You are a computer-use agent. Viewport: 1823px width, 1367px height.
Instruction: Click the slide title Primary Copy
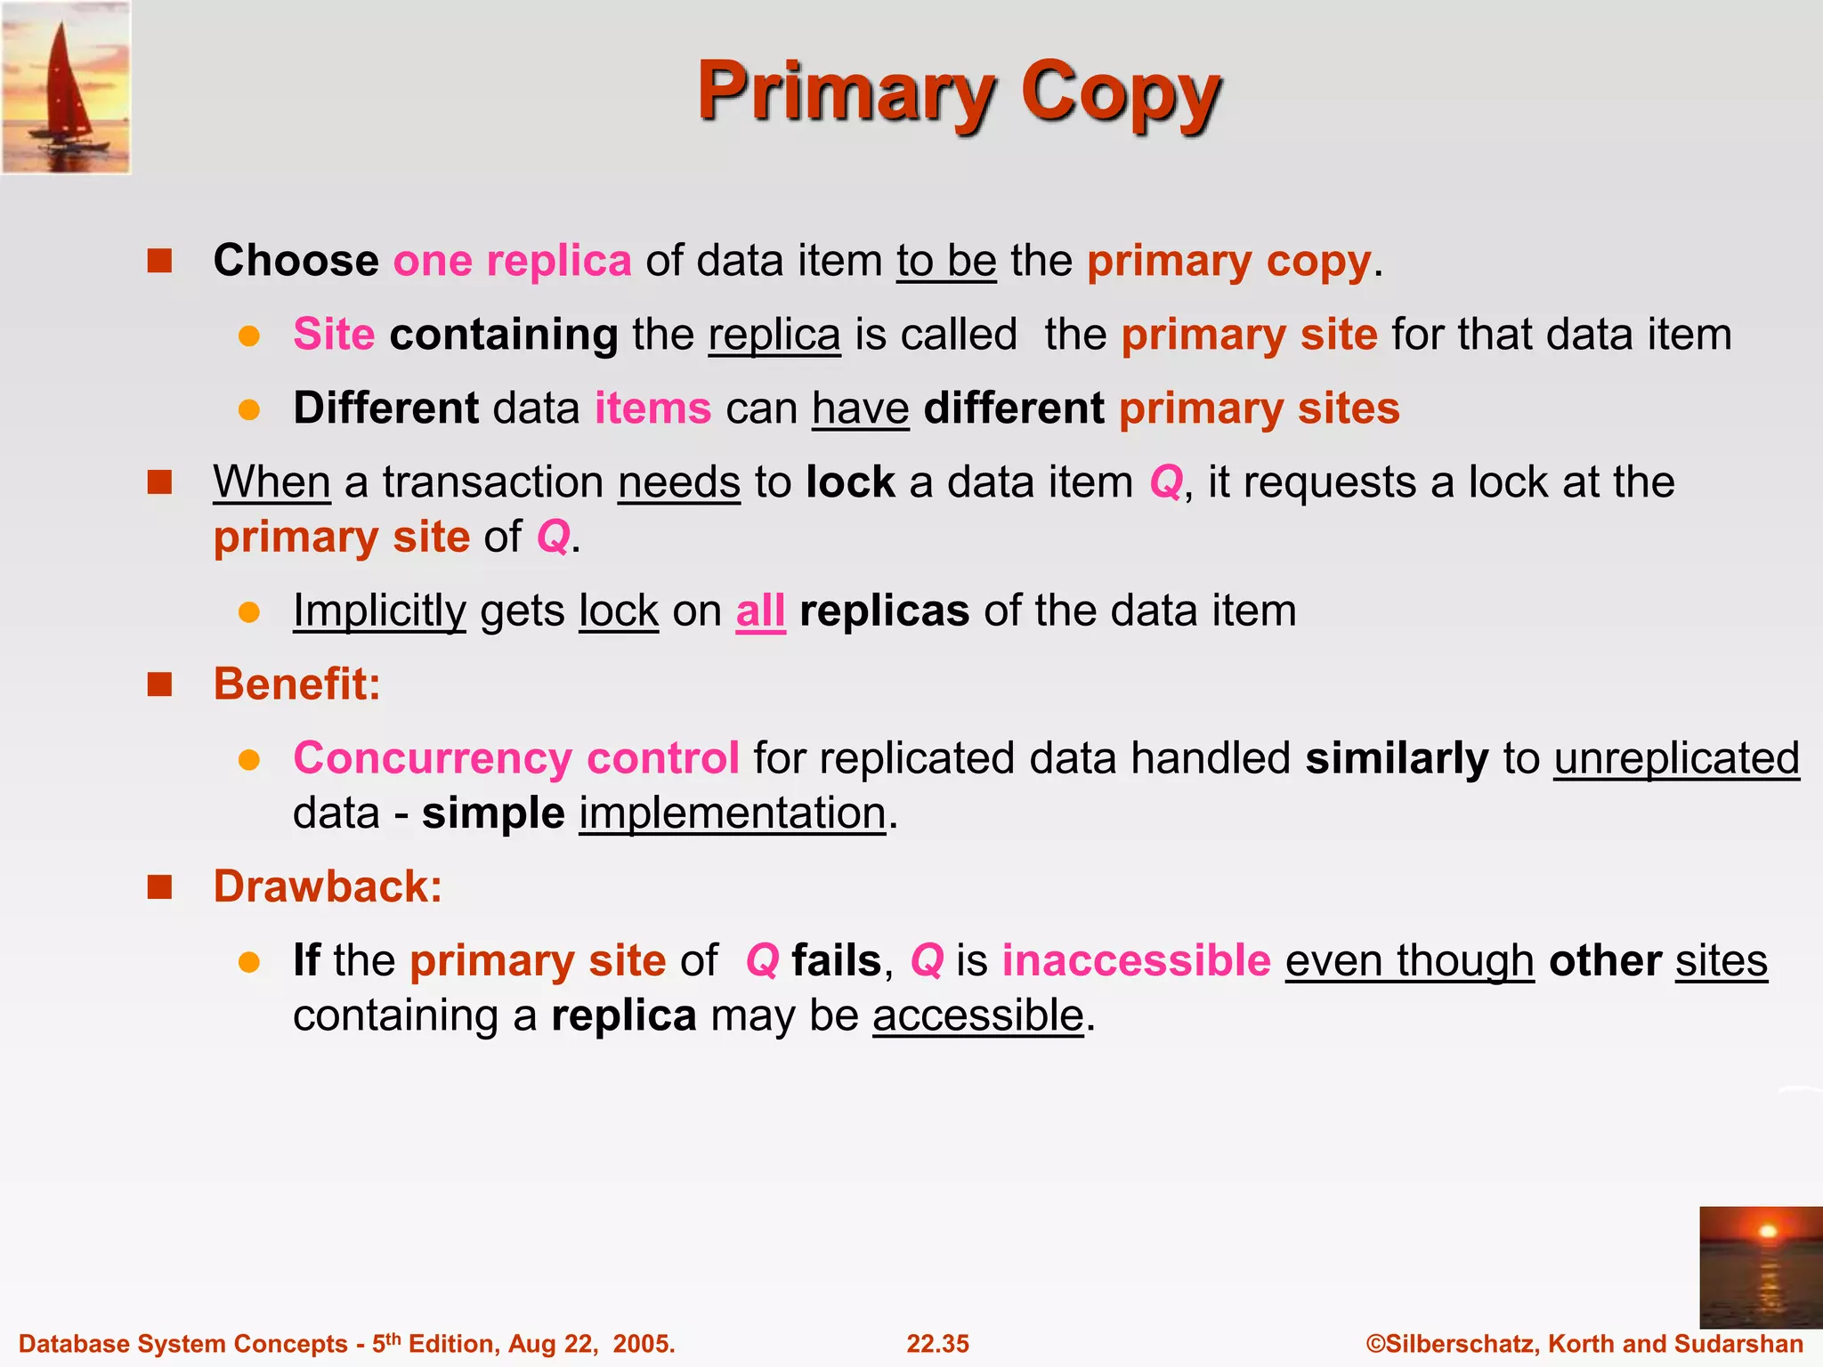959,93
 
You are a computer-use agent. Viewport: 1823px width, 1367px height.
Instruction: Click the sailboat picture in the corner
66,87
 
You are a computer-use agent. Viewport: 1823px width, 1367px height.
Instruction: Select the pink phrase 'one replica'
512,261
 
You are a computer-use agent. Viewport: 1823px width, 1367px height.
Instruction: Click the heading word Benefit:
296,684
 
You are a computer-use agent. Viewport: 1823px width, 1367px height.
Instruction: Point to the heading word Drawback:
328,886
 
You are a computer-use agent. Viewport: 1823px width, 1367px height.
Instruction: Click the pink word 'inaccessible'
1136,960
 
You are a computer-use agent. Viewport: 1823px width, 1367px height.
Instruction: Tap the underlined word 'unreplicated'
1676,758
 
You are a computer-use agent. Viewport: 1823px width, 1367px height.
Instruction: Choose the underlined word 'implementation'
733,813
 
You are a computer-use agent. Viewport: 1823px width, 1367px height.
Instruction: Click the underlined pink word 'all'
760,611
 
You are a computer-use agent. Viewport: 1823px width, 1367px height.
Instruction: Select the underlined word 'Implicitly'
379,611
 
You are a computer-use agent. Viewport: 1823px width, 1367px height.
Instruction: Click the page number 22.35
937,1344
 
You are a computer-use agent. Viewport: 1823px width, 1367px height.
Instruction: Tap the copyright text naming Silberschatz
1584,1344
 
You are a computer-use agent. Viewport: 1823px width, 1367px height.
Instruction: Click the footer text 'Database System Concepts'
182,1344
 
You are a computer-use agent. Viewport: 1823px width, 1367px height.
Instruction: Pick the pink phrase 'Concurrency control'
516,758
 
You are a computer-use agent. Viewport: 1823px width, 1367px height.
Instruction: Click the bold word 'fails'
836,960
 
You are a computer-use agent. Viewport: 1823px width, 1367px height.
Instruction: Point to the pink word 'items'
652,408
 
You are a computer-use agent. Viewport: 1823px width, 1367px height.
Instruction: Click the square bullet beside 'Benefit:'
159,684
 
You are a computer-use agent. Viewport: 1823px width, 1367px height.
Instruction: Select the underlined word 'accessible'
977,1015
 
